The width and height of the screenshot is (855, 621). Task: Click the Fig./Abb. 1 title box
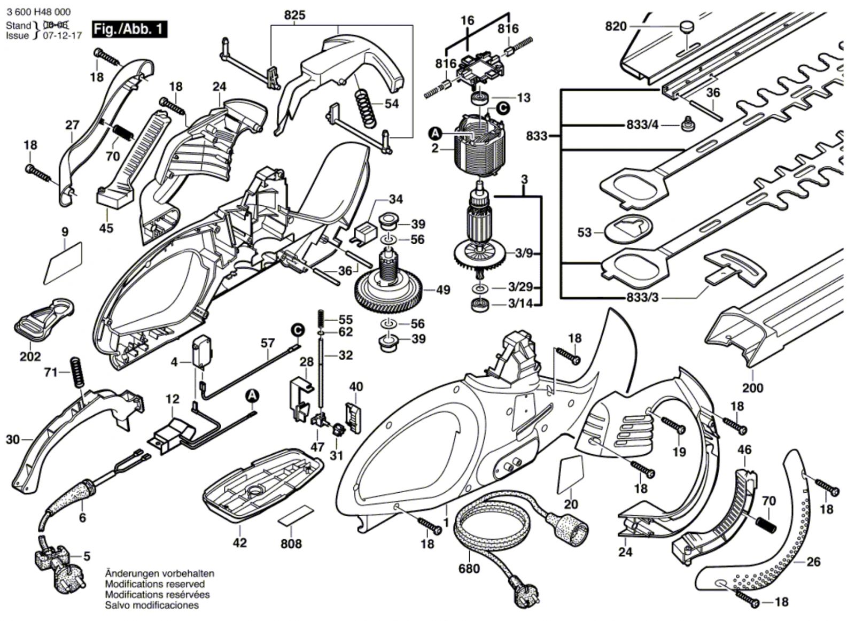(x=129, y=29)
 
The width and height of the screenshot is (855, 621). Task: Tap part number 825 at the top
(x=295, y=15)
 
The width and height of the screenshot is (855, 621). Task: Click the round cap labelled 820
(x=686, y=27)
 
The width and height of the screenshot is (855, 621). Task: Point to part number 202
(x=30, y=356)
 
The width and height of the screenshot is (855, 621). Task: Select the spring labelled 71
(x=77, y=372)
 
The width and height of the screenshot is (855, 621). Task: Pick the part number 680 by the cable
(x=469, y=568)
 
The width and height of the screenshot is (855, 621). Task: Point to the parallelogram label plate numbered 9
(x=63, y=263)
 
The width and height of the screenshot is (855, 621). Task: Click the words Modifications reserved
(x=154, y=584)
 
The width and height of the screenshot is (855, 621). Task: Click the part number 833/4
(x=642, y=125)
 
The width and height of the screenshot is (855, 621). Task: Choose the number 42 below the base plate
(x=240, y=542)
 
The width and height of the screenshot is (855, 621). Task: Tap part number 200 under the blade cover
(x=753, y=388)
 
